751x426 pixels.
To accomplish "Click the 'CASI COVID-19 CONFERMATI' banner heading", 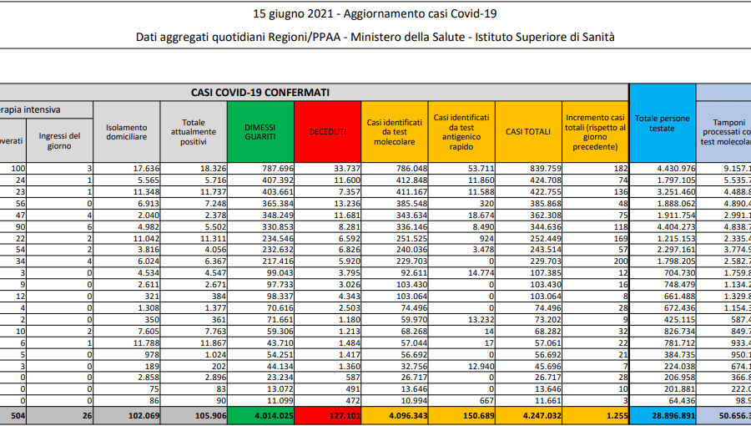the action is [260, 92].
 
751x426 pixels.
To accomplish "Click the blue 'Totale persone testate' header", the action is [662, 123].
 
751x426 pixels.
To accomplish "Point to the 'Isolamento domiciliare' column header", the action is [126, 132].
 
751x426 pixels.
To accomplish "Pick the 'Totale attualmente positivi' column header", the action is [194, 132].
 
